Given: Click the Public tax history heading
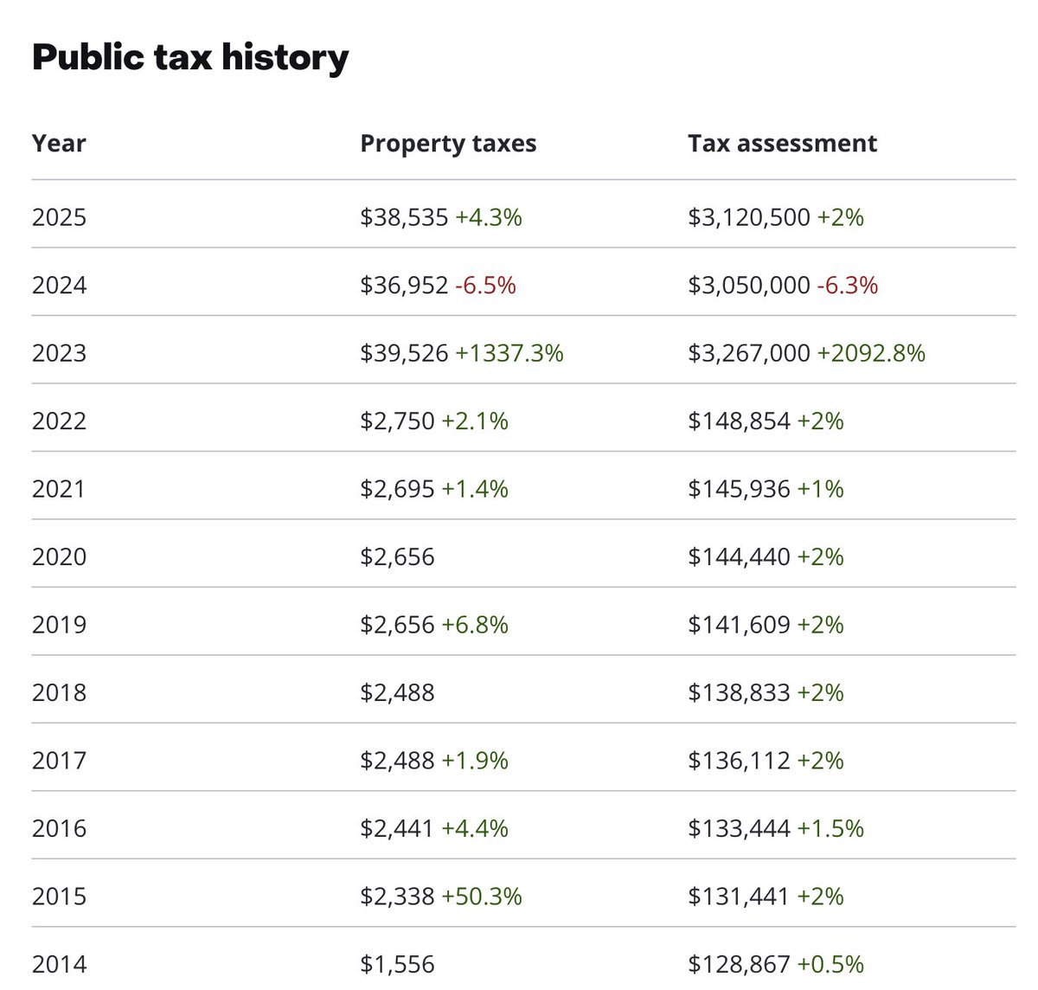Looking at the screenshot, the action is (x=190, y=58).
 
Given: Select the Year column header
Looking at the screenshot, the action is (x=59, y=143).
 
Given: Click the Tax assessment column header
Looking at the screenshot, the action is (x=782, y=143).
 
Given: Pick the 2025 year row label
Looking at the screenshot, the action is (x=59, y=218).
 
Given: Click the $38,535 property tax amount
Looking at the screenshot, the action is (x=404, y=218).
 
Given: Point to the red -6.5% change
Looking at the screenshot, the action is (x=485, y=286).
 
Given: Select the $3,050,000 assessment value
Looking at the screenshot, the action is (x=749, y=286).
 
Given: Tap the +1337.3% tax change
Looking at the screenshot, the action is (x=509, y=353).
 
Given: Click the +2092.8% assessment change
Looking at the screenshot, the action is (x=871, y=353).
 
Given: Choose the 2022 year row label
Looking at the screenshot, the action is (x=59, y=421).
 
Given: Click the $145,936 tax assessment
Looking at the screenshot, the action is (x=739, y=489).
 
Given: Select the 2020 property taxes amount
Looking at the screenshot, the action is (x=397, y=557).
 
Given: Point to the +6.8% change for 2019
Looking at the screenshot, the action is (x=475, y=625).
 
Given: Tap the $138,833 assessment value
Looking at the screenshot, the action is (x=739, y=693).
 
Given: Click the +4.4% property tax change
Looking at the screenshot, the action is (x=475, y=829).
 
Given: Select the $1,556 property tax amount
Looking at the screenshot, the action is (x=397, y=965).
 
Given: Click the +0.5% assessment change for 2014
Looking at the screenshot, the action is (x=830, y=965).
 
